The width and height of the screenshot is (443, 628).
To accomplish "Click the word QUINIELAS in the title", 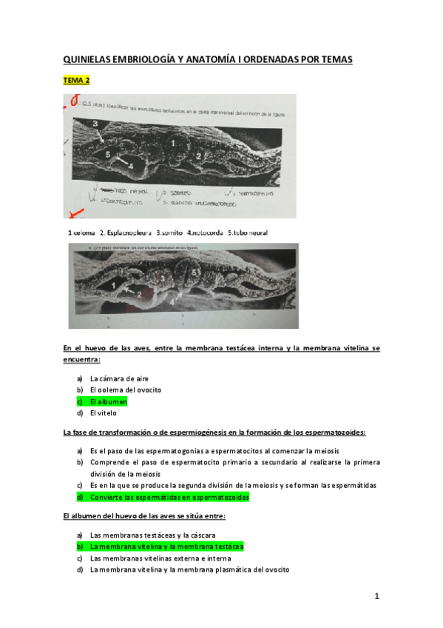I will [x=89, y=59].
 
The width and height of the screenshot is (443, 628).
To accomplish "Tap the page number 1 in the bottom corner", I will [x=376, y=596].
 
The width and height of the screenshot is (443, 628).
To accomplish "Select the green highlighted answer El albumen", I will [x=108, y=401].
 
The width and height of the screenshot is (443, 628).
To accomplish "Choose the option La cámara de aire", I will [x=119, y=378].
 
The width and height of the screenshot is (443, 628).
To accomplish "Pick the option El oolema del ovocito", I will [x=125, y=390].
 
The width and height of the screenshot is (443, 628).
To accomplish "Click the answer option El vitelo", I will [x=103, y=413].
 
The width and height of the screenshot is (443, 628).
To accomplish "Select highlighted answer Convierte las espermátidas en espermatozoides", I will [x=169, y=498].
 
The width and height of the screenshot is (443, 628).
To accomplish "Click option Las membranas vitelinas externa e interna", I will [x=160, y=558].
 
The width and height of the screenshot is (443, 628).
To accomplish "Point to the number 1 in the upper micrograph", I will [x=172, y=141].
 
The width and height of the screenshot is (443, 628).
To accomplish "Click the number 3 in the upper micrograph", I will [x=95, y=123].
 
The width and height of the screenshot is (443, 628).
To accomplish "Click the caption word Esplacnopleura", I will [x=124, y=233].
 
